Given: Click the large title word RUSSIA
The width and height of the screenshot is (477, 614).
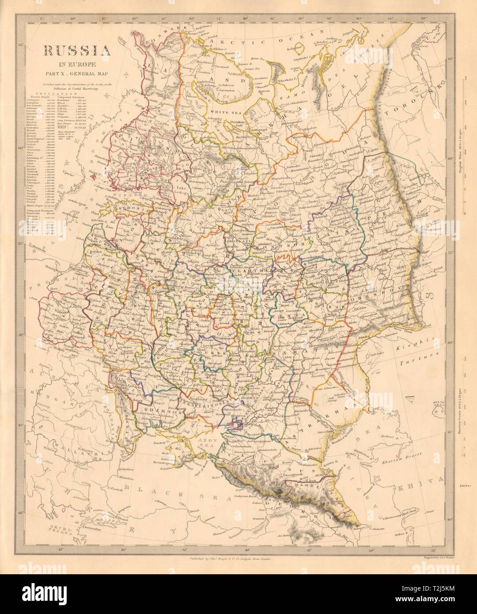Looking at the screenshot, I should (x=76, y=52).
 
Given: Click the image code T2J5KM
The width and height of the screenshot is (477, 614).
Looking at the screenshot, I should (x=446, y=606).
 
